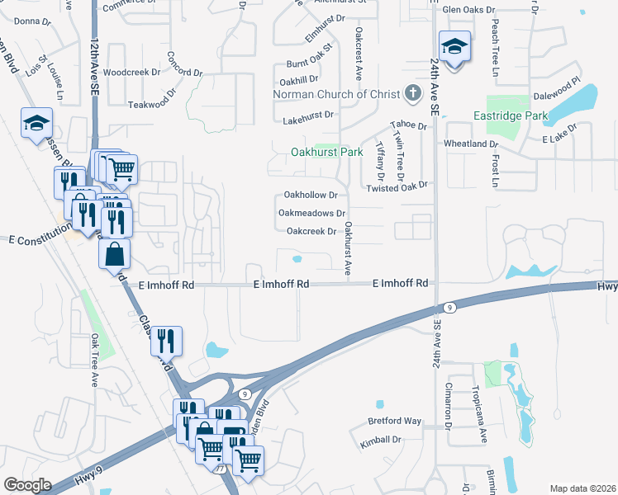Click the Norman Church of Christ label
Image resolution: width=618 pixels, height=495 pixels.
click(x=336, y=93)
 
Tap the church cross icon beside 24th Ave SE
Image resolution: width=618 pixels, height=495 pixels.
click(x=414, y=93)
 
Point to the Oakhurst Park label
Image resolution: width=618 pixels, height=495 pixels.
click(x=326, y=153)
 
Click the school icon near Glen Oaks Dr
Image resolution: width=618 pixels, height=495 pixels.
click(x=454, y=46)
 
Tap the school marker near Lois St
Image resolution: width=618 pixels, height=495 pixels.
click(x=35, y=125)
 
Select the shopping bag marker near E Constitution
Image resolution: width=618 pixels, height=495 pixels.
click(x=114, y=254)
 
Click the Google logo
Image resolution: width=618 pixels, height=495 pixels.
click(x=27, y=484)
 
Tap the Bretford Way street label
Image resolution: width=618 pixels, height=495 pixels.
click(x=395, y=421)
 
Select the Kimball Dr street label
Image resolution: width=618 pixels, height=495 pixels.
click(x=380, y=441)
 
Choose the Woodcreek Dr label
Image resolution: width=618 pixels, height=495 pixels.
click(x=126, y=73)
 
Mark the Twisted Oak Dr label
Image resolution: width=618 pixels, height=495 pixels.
click(x=397, y=186)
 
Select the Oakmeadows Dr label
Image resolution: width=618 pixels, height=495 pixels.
click(x=311, y=213)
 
